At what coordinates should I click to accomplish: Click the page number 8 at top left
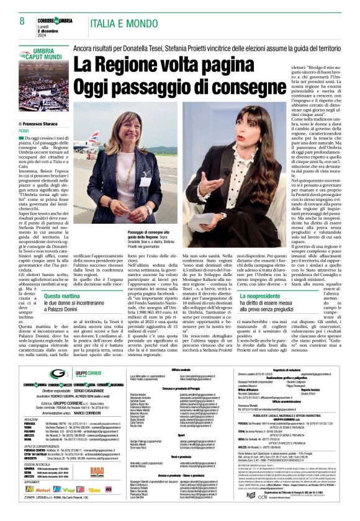(14, 20)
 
